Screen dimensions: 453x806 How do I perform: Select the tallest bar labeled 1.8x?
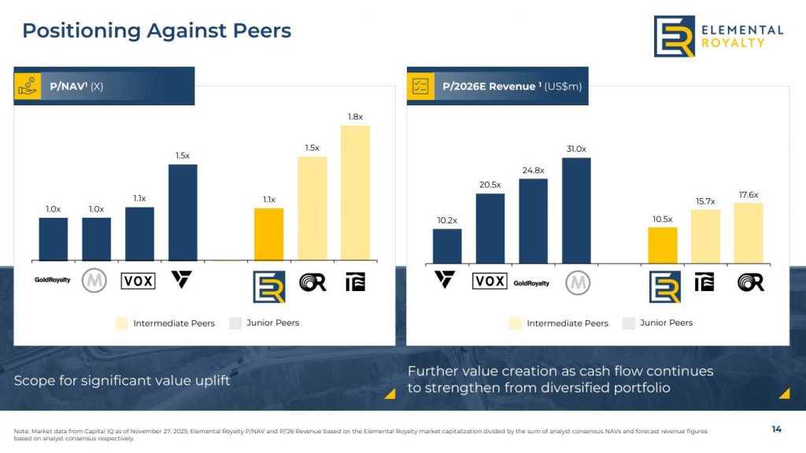[355, 192]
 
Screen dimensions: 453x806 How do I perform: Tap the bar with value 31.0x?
[576, 210]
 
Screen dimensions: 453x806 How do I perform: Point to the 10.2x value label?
[446, 220]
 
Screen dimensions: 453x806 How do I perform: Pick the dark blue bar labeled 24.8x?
[533, 220]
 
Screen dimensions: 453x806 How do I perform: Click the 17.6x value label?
[749, 194]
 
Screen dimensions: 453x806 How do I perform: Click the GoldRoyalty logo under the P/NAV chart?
[53, 280]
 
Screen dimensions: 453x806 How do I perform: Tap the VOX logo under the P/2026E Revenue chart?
[490, 281]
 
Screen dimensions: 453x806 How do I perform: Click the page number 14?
[776, 429]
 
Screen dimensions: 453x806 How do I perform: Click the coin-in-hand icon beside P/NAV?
[28, 87]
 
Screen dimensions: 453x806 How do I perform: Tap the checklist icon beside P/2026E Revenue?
[420, 87]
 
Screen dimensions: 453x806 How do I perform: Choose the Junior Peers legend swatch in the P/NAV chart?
[235, 323]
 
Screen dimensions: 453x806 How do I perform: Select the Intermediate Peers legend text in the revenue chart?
[568, 323]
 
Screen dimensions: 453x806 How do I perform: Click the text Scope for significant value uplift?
[122, 381]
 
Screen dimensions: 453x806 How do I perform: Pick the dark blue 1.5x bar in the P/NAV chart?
[183, 212]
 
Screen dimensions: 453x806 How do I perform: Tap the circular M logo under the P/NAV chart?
[94, 280]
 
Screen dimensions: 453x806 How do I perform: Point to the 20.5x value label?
[490, 185]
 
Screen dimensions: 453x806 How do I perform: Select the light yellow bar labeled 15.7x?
[705, 236]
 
